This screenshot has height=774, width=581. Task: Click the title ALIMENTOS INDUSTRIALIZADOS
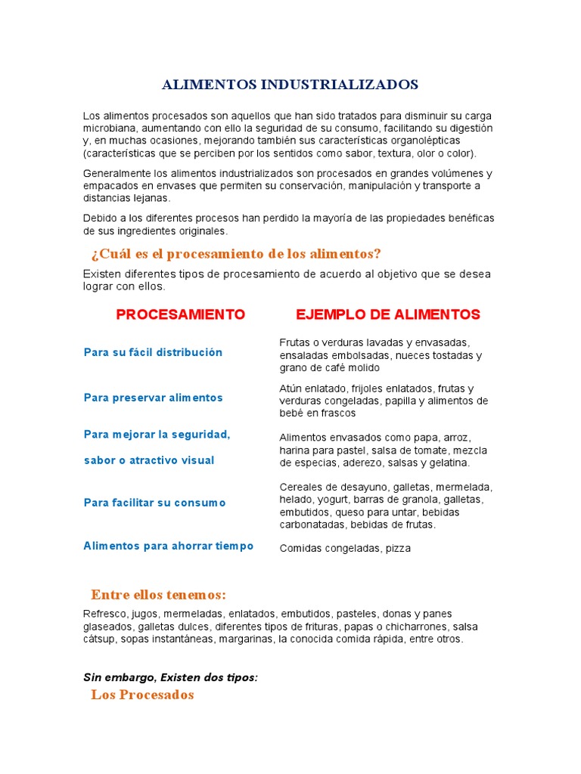click(290, 84)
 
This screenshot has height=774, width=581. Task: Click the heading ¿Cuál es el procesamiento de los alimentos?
click(236, 253)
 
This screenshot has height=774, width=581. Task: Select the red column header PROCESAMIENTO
click(181, 314)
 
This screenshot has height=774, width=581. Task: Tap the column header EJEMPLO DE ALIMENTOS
click(388, 314)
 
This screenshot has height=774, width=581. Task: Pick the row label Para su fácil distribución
click(153, 352)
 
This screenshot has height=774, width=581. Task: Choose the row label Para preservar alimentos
click(153, 398)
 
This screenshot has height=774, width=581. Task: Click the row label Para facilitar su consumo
click(154, 503)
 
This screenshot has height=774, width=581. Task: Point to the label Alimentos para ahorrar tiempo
click(168, 546)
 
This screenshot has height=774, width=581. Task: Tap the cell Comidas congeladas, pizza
click(345, 548)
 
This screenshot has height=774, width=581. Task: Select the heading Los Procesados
click(142, 695)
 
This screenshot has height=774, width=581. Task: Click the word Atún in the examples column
click(290, 389)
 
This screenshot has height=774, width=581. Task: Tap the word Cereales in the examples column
click(300, 487)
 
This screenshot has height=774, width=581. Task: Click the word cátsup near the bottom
click(101, 639)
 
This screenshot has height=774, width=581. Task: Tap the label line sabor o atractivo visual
click(149, 460)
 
